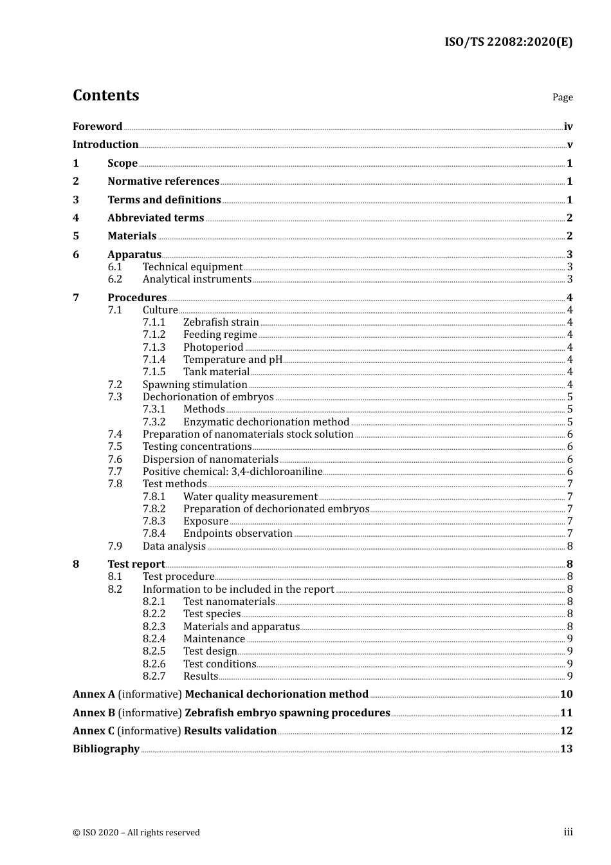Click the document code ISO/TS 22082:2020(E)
coord(508,42)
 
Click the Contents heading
coord(105,95)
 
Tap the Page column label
coord(562,97)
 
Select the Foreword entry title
coord(97,126)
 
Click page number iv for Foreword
coord(568,127)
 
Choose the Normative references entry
coord(163,181)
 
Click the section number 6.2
coord(115,279)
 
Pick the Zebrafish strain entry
coord(221,322)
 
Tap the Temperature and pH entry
coord(233,360)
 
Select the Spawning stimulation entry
coord(195,385)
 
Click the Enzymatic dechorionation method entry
coord(266,422)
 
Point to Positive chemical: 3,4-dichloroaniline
coord(232,472)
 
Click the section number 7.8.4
coord(154,534)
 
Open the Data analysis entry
coord(174,546)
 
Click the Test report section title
coord(136,564)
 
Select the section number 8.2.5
coord(154,651)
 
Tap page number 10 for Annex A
coord(566,694)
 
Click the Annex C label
coord(94,731)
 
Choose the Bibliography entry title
coord(106,749)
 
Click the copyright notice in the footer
coord(136,833)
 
